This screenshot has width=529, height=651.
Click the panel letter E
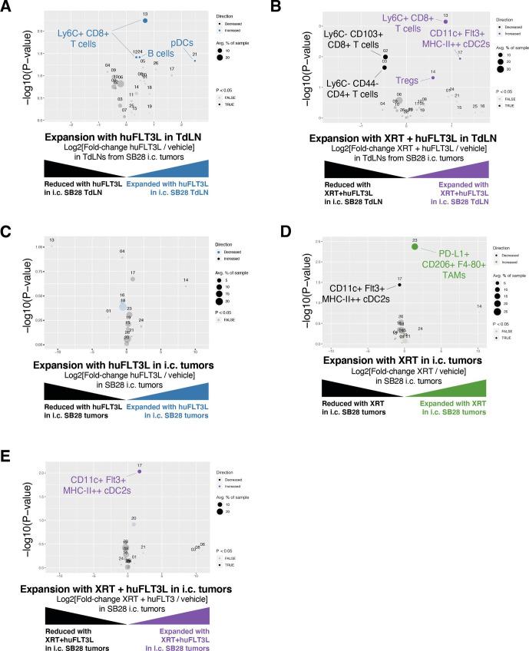[7, 458]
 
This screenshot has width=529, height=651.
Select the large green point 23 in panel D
[415, 246]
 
